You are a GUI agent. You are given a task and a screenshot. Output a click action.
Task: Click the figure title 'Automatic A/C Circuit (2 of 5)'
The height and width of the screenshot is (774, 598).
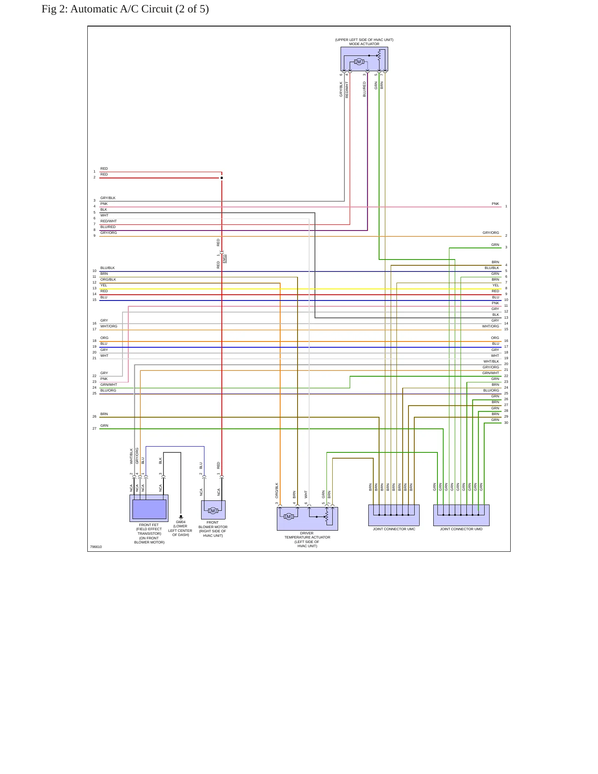click(x=139, y=9)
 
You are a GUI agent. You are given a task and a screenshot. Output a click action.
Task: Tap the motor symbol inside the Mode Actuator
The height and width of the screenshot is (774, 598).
click(x=359, y=62)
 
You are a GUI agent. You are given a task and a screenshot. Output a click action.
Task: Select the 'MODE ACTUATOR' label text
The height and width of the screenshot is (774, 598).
click(x=364, y=44)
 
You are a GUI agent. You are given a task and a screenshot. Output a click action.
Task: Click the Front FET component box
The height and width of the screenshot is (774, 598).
click(x=149, y=508)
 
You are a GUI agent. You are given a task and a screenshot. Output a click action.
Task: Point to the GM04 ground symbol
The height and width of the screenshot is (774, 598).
click(x=181, y=517)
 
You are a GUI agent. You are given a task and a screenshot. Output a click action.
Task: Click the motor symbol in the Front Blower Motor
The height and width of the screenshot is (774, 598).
click(x=213, y=511)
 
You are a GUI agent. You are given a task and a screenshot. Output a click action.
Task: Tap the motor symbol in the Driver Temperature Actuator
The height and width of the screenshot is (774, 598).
click(x=289, y=517)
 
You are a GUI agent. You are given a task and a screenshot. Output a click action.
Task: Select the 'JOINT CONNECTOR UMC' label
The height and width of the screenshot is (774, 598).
click(x=394, y=529)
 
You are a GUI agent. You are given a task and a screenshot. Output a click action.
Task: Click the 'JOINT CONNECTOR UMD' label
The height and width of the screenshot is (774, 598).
click(x=461, y=529)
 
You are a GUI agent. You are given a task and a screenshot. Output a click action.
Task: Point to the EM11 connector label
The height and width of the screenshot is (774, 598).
click(x=224, y=259)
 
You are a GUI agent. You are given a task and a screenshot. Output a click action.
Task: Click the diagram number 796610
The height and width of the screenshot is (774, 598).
click(x=96, y=547)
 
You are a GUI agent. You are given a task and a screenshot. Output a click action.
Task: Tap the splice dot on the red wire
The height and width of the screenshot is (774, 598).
click(x=222, y=178)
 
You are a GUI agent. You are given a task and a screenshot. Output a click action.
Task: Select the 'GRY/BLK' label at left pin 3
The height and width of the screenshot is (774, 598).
click(x=108, y=198)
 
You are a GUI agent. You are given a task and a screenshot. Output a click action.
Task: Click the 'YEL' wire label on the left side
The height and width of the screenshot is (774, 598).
click(x=104, y=285)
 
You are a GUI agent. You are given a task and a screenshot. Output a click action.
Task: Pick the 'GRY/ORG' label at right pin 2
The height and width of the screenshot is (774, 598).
click(x=491, y=233)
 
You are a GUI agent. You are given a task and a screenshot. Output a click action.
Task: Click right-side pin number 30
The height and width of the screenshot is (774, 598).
click(x=506, y=423)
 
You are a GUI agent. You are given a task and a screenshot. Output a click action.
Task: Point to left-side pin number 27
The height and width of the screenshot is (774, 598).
click(x=94, y=428)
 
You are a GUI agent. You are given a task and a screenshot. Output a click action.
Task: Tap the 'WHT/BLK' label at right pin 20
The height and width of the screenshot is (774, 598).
click(x=491, y=362)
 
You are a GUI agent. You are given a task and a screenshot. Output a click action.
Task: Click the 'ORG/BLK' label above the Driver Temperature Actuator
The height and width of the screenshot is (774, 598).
click(x=277, y=490)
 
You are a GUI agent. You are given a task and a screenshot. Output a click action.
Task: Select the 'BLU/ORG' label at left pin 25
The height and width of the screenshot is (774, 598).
click(x=108, y=390)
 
